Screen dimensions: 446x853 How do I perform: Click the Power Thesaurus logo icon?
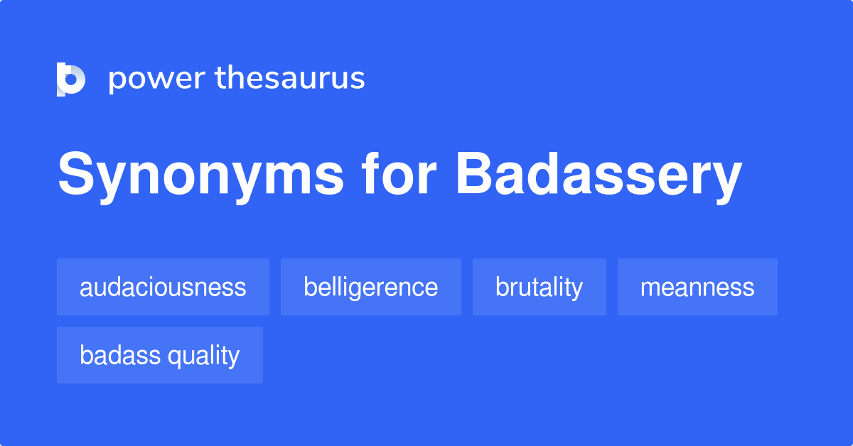[x=71, y=79]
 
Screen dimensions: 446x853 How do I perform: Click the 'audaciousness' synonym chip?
[x=163, y=287]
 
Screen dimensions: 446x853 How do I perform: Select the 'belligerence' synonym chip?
[x=370, y=287]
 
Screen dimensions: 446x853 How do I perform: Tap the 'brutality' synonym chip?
[x=539, y=287]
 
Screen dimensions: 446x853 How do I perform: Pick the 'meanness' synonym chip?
[x=697, y=287]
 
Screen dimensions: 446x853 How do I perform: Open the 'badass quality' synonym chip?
[x=159, y=355]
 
